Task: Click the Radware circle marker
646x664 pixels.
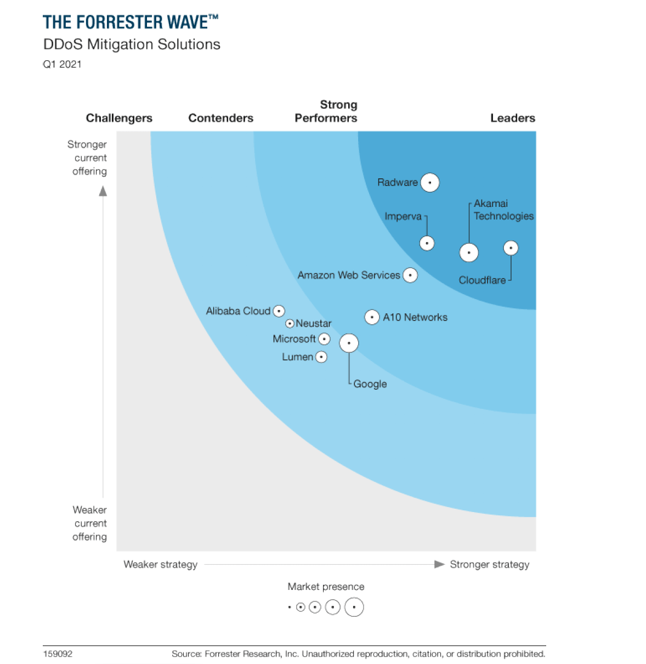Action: pos(430,183)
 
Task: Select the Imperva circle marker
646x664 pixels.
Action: pos(427,243)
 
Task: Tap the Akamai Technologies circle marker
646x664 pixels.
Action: pos(469,252)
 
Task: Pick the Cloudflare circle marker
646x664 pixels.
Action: pos(511,248)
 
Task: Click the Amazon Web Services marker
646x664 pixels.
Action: pos(410,275)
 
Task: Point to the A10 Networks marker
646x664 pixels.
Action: pos(372,317)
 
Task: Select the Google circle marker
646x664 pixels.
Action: pos(349,343)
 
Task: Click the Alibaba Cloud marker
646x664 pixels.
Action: pos(279,311)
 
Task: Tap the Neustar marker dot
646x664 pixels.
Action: pos(290,324)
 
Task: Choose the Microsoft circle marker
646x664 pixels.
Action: pos(324,339)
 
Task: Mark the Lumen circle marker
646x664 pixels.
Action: pos(321,357)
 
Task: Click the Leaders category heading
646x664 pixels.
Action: pos(512,118)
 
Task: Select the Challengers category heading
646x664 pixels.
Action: pos(119,118)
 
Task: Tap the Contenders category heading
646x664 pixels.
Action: pos(220,118)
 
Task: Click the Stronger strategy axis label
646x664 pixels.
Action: pos(489,564)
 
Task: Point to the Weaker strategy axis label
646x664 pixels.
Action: pos(160,564)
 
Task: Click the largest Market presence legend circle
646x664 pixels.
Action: pos(354,607)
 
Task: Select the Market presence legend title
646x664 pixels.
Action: pos(326,587)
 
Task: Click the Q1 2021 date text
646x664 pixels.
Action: pos(62,64)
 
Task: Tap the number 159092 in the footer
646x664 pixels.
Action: pos(58,654)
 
